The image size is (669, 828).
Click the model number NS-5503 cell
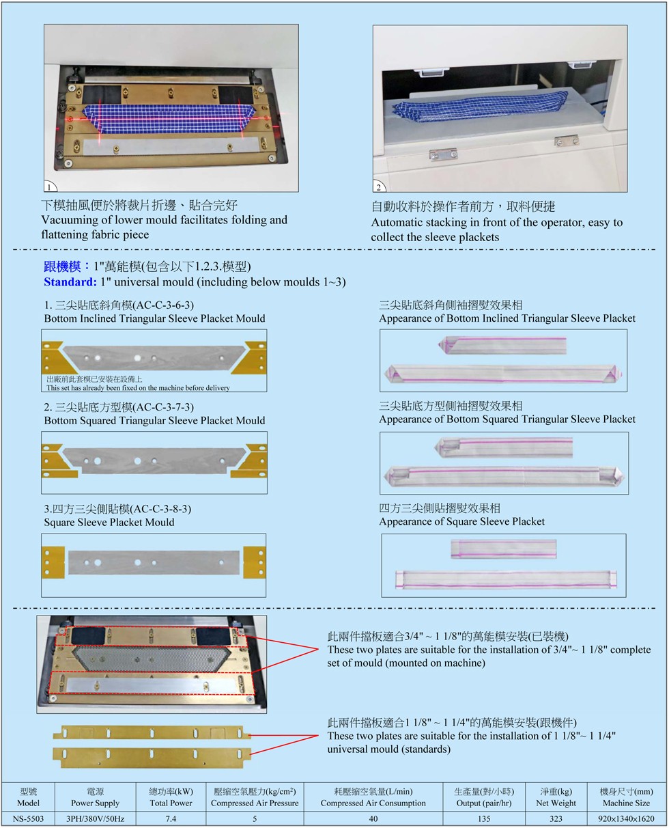[x=28, y=818]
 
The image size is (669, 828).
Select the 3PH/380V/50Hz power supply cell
[x=95, y=818]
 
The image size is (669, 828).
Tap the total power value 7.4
[x=171, y=818]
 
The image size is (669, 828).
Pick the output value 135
[x=484, y=818]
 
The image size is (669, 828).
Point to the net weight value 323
[x=556, y=818]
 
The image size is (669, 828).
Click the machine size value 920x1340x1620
[x=626, y=818]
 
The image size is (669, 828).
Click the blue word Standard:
[x=70, y=282]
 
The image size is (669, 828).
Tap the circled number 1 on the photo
[x=49, y=187]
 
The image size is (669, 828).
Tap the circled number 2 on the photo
[x=378, y=187]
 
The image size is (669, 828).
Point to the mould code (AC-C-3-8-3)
[x=160, y=509]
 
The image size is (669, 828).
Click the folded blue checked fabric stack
[x=480, y=106]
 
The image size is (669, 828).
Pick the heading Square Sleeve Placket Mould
[x=109, y=522]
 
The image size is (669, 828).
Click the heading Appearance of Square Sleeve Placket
[x=462, y=521]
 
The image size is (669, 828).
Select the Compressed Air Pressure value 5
[x=255, y=818]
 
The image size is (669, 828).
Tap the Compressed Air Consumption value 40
[x=373, y=818]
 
